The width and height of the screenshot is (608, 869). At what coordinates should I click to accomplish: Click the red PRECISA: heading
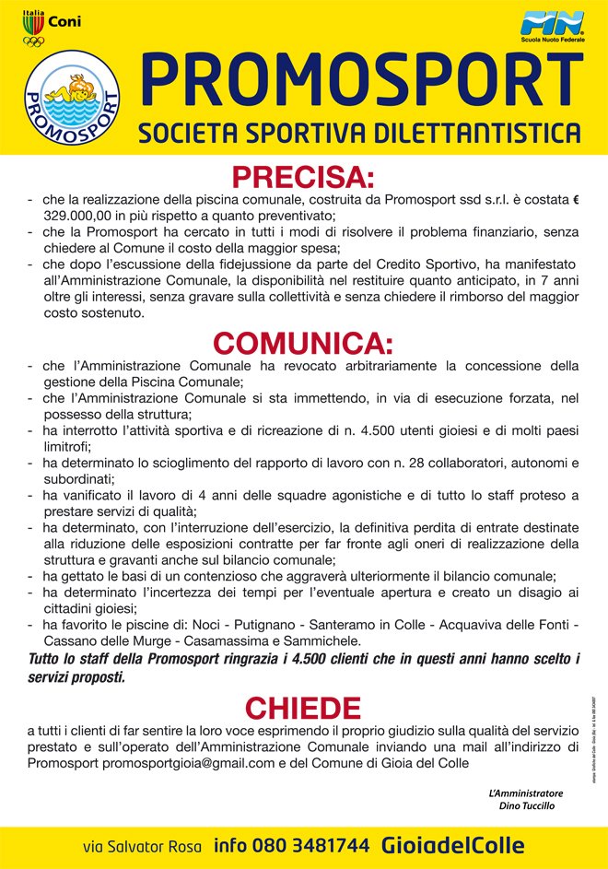click(303, 176)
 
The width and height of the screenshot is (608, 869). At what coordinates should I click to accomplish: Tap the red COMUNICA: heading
click(303, 344)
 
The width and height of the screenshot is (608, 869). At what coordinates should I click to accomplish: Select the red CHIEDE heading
click(303, 708)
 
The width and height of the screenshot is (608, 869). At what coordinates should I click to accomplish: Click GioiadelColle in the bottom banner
click(453, 845)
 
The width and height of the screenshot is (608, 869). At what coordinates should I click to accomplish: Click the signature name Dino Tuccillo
click(526, 805)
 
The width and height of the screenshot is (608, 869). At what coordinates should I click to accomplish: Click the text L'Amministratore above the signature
click(525, 793)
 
